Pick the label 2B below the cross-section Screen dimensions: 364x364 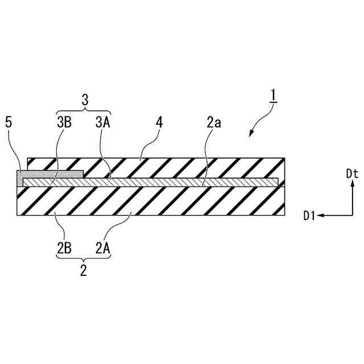(63, 249)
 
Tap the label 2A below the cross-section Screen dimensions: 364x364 (103, 249)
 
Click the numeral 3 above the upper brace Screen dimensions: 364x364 (84, 100)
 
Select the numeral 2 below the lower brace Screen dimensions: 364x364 (84, 271)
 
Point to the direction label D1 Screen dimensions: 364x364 (309, 216)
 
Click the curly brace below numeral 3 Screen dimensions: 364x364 (84, 110)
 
